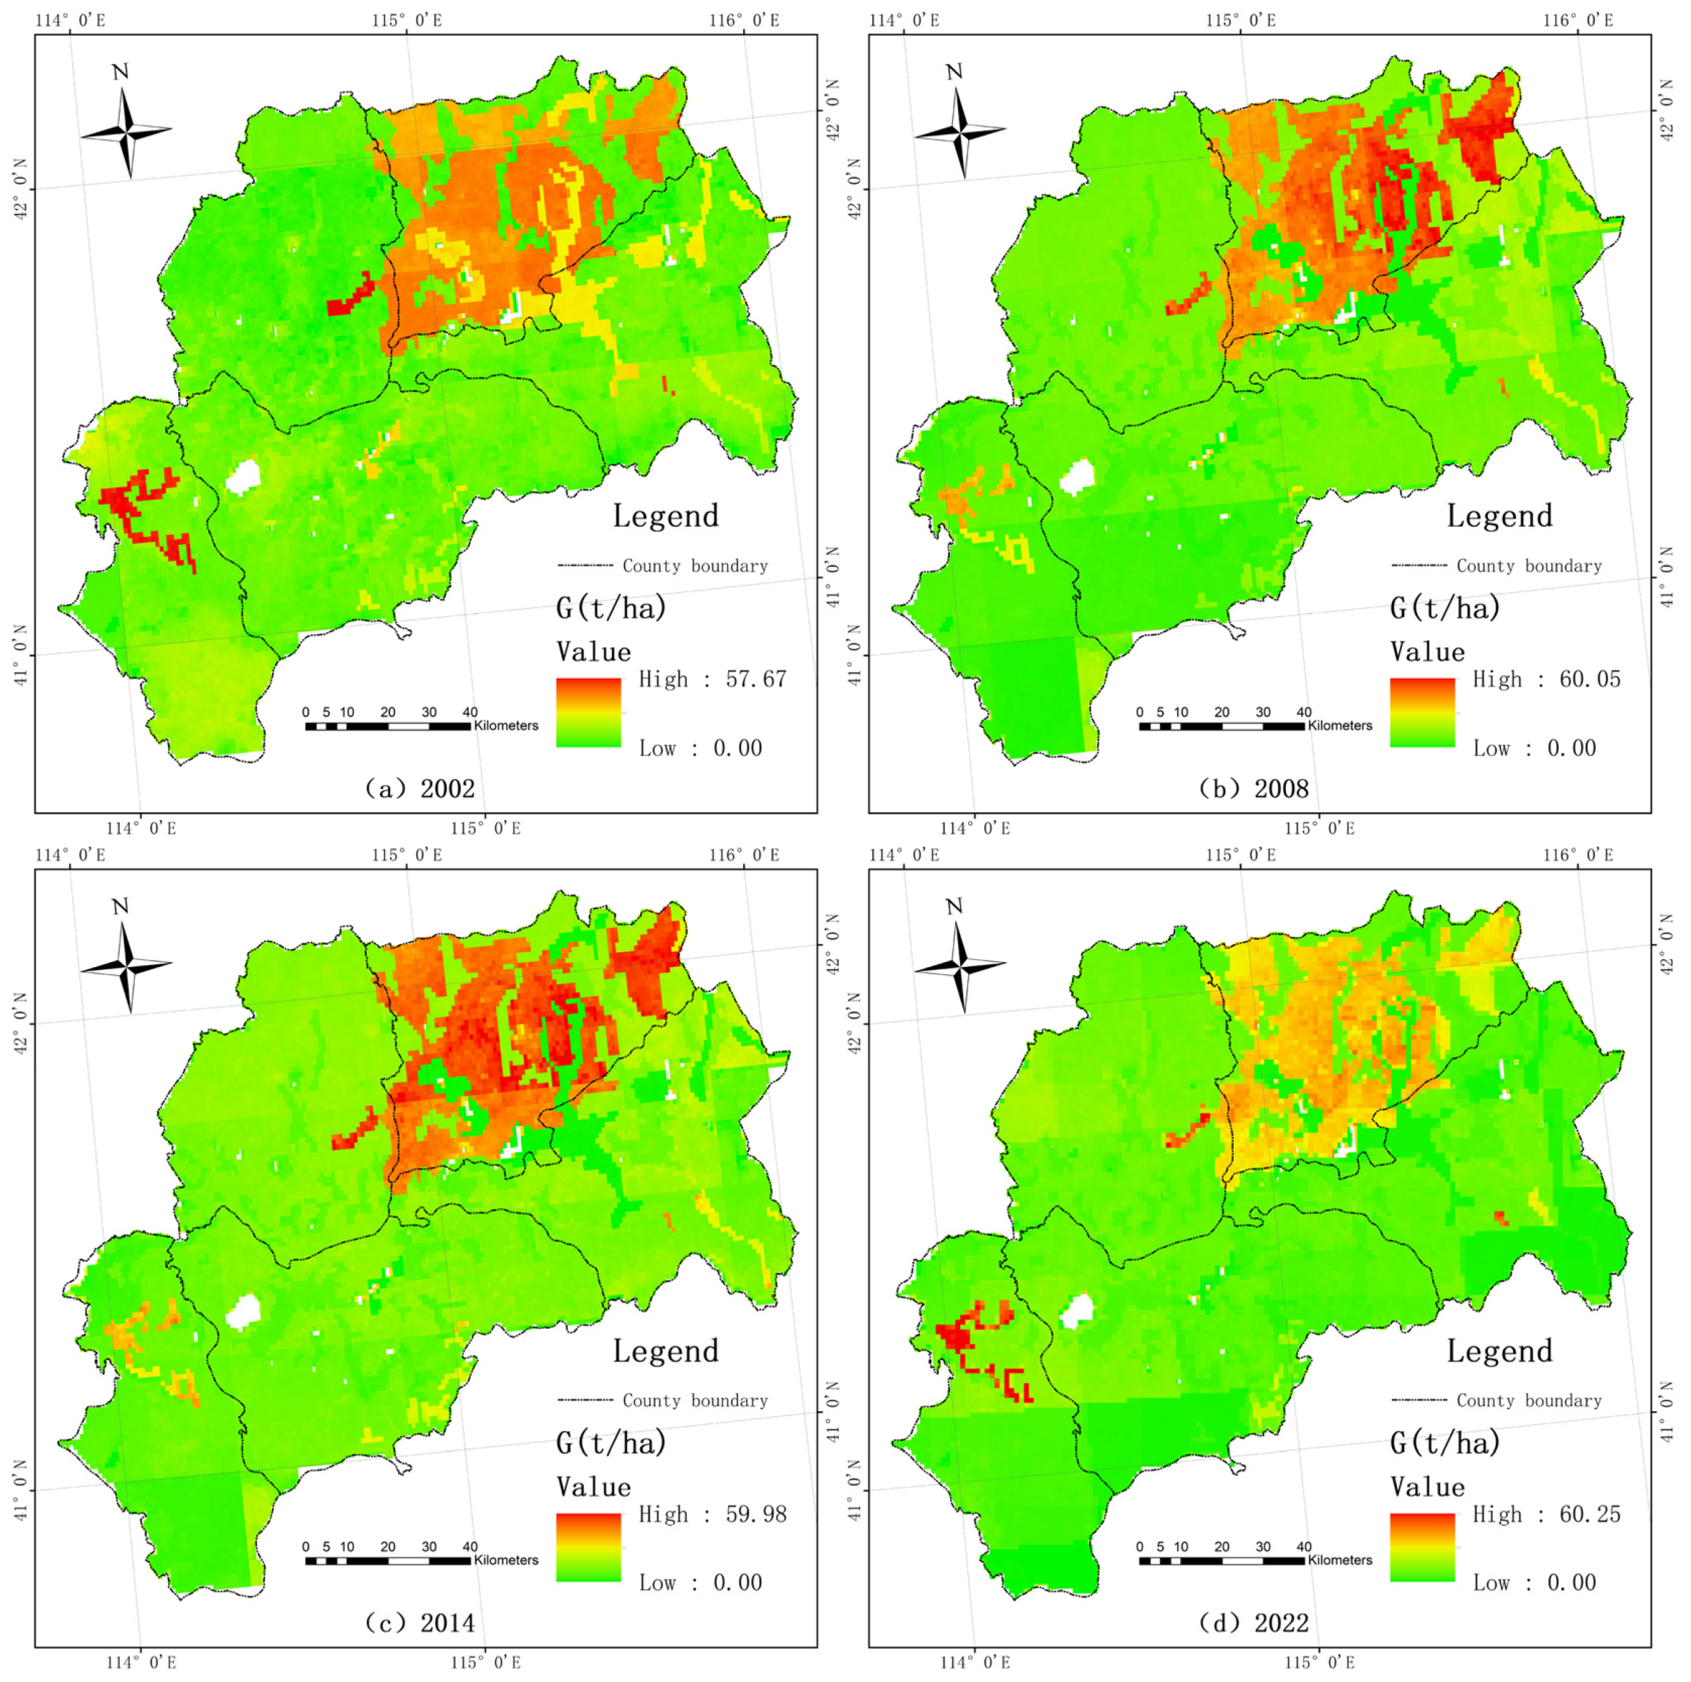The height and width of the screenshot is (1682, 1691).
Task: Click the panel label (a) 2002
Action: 420,788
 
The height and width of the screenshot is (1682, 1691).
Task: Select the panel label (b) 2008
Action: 1253,788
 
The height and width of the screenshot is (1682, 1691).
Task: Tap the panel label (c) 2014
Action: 420,1624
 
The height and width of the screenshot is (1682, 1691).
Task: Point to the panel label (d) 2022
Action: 1253,1624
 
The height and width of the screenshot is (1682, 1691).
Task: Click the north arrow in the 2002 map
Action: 126,127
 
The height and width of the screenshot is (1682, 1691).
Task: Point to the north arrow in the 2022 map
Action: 960,961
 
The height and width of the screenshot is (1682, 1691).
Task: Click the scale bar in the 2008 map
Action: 1222,726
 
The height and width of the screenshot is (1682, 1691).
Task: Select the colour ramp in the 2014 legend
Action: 588,1547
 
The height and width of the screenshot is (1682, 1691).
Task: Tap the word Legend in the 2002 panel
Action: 665,515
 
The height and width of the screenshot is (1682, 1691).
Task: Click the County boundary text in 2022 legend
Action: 1529,1400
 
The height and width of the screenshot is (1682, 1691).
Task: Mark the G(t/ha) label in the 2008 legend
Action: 1446,608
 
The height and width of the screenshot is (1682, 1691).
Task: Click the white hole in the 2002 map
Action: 244,477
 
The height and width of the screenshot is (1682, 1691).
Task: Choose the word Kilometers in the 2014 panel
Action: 506,1559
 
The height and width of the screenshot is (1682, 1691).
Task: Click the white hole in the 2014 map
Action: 244,1311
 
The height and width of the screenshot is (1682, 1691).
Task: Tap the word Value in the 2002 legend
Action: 593,652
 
